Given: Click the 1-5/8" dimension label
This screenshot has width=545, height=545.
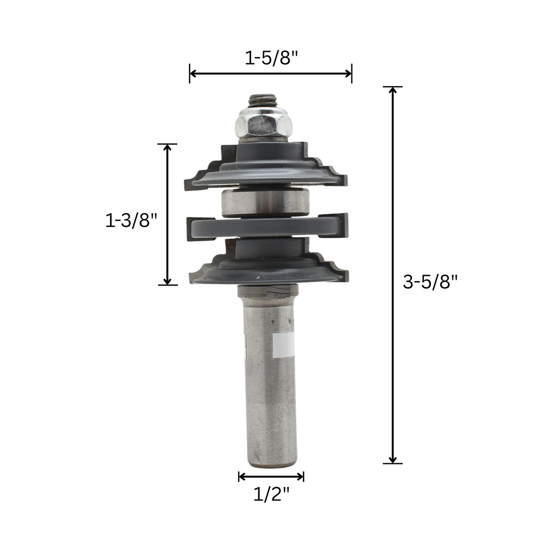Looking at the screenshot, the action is pos(271,58).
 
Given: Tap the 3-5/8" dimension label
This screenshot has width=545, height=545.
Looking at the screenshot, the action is pos(431,282).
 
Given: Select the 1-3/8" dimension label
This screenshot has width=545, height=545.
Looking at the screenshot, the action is pos(131,220).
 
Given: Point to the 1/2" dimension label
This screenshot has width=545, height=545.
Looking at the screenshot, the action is pos(271,494).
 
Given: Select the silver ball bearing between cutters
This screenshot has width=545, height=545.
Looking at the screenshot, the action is pos(265,202).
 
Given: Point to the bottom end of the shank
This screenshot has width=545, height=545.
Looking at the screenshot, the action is pos(271,465).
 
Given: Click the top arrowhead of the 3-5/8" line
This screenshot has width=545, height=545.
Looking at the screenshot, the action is pos(393,90).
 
